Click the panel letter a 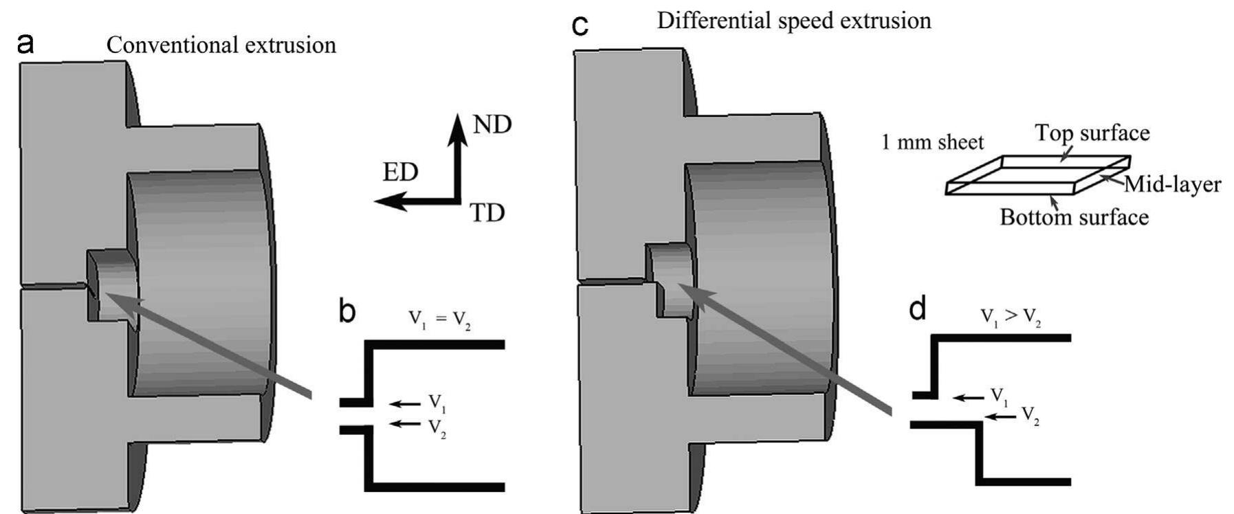pyautogui.click(x=25, y=44)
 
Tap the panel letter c pyautogui.click(x=581, y=26)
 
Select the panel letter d pyautogui.click(x=917, y=309)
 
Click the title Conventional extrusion pyautogui.click(x=221, y=45)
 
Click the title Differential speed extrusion pyautogui.click(x=794, y=21)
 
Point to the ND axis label pyautogui.click(x=492, y=124)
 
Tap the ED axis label pyautogui.click(x=400, y=172)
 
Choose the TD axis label pyautogui.click(x=487, y=214)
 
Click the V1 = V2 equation pyautogui.click(x=440, y=319)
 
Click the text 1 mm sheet pyautogui.click(x=933, y=142)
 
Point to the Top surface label pyautogui.click(x=1092, y=133)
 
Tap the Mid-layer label pyautogui.click(x=1172, y=184)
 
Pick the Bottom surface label pyautogui.click(x=1074, y=217)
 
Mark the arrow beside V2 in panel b pyautogui.click(x=404, y=423)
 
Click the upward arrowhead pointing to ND pyautogui.click(x=456, y=127)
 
